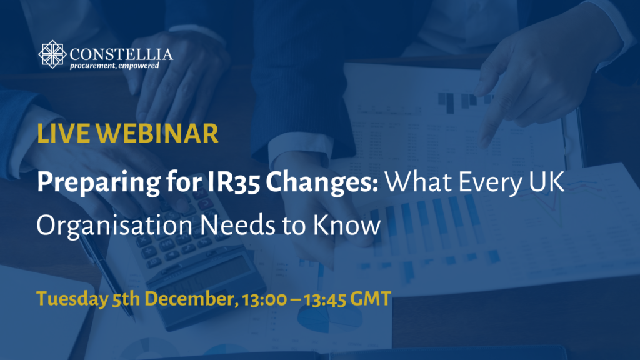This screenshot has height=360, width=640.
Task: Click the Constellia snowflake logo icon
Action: [52, 54]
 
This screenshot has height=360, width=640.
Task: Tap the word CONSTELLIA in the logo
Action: [121, 54]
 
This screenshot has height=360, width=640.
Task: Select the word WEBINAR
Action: [157, 134]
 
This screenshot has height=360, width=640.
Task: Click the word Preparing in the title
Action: [99, 182]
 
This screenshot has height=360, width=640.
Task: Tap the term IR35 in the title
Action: [234, 182]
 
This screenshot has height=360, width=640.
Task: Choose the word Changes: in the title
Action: [322, 182]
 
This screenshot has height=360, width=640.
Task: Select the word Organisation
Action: [114, 226]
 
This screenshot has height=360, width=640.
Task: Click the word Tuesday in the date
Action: [72, 299]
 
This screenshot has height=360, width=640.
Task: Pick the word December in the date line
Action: [191, 299]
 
